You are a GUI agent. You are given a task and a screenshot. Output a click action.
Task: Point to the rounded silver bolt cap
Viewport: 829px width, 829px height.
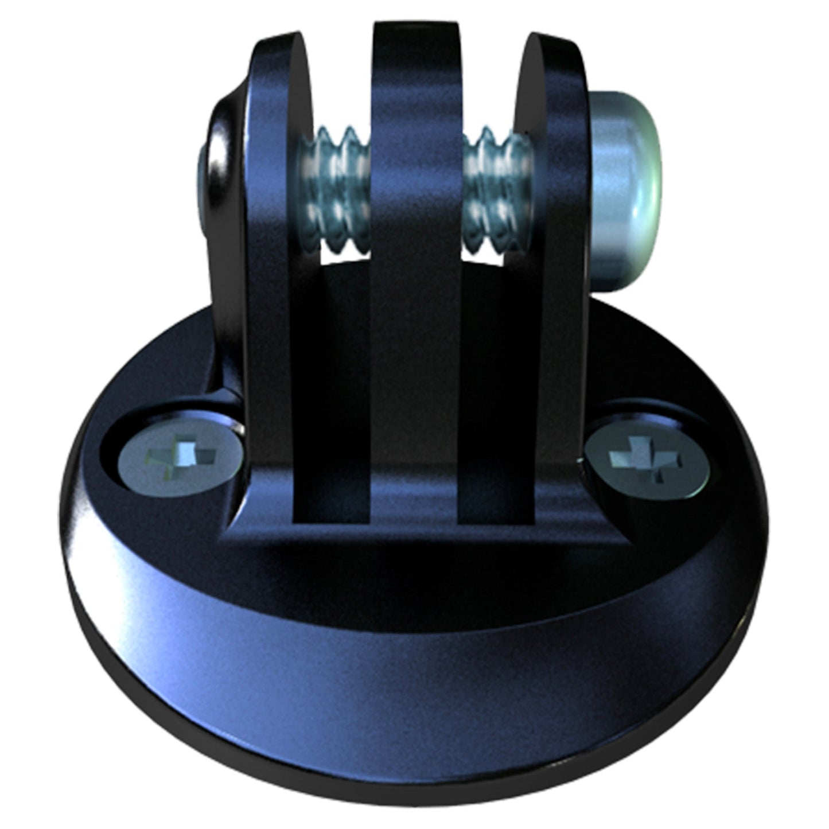[x=625, y=189]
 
